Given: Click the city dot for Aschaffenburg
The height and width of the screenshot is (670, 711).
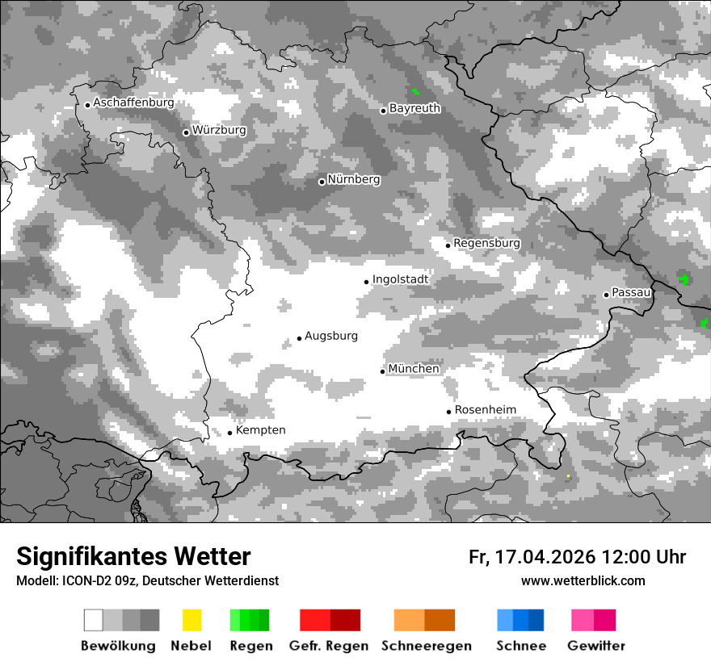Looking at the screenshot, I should point(87,104).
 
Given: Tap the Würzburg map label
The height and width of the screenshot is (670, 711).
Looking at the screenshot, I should point(219,130).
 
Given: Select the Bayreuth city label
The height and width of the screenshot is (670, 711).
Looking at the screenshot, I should point(414,108).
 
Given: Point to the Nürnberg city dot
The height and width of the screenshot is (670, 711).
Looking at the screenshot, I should point(322,182).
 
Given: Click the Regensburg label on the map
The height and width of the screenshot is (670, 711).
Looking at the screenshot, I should point(486,243).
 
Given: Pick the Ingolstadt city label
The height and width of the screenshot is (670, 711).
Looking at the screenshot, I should point(400,279).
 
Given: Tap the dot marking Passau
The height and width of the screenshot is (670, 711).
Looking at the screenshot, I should point(606,295).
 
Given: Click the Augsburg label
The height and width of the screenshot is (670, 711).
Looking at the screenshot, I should point(330,336).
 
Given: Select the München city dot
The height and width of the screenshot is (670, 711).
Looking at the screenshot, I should point(383,371).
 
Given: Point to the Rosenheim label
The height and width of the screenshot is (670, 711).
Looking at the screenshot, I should point(485,410).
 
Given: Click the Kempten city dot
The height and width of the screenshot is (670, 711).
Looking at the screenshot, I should point(229,433).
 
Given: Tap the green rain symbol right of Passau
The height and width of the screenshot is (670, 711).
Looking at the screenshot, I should point(684,279).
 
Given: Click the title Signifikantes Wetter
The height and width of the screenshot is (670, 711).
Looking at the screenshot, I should point(133,556).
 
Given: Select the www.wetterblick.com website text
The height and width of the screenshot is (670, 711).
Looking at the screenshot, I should point(583,580).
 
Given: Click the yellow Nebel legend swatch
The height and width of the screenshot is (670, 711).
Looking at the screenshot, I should point(191,620).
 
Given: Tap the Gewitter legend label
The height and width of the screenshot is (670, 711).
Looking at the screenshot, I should point(595,646).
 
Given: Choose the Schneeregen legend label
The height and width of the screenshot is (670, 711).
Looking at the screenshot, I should point(426,646).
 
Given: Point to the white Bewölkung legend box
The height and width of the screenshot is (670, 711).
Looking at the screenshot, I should point(94,620).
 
